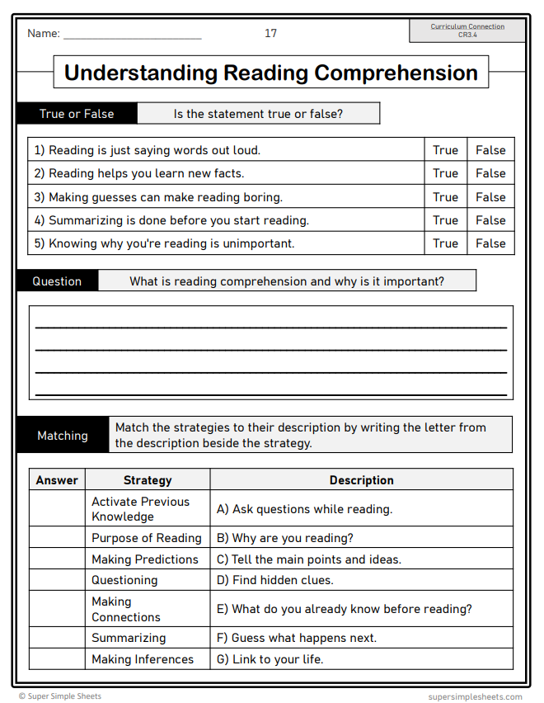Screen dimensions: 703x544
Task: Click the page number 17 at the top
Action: click(270, 33)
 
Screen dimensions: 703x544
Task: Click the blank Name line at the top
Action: click(132, 35)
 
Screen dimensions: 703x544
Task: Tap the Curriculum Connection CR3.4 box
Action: click(467, 31)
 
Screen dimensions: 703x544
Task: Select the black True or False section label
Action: click(77, 114)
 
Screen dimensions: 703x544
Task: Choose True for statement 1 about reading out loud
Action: click(445, 150)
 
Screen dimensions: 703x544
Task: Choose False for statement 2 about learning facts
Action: click(490, 173)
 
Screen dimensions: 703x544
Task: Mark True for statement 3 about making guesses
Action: click(445, 197)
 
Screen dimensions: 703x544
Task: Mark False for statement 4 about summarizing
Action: click(490, 220)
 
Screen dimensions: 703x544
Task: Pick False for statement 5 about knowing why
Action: click(490, 243)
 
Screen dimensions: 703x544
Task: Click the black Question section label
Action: click(57, 281)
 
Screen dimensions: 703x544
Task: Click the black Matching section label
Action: click(63, 436)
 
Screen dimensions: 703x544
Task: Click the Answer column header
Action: click(57, 480)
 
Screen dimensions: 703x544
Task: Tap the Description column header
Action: click(361, 480)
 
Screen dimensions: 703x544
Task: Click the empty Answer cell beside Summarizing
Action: click(57, 638)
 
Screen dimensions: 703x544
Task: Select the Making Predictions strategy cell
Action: click(145, 559)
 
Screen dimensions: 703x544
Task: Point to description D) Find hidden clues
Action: click(274, 580)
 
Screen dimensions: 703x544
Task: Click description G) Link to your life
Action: click(270, 659)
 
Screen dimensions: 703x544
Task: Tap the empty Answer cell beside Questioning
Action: click(57, 580)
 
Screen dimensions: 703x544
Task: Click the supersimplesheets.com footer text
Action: click(475, 696)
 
